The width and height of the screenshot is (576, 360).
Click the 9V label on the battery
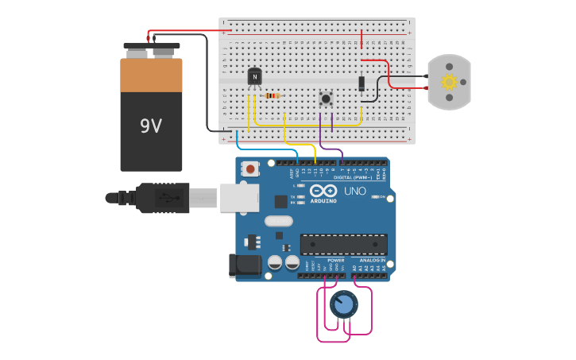[151, 126]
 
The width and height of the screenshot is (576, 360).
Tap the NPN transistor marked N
[254, 76]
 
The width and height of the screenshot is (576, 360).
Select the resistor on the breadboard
[273, 96]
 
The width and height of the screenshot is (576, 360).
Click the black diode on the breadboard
[361, 83]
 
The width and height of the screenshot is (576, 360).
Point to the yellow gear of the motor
[449, 82]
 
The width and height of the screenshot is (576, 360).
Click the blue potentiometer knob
[343, 304]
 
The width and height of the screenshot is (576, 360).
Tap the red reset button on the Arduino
[251, 168]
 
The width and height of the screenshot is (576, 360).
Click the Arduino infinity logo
[324, 191]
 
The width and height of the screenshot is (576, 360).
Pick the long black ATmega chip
[343, 244]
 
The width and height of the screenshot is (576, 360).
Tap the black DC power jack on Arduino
[245, 265]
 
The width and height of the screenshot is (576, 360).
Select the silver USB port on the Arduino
[239, 197]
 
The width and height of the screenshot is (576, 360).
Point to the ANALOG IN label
[372, 260]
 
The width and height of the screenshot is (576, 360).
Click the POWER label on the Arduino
[336, 260]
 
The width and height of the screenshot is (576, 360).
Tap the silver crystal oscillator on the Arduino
[279, 221]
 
